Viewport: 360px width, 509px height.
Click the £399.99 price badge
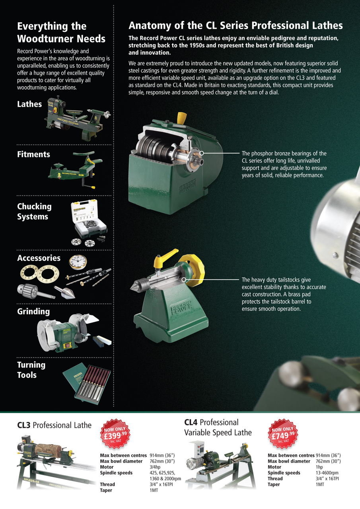coord(115,433)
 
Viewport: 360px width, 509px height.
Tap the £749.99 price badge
coord(283,433)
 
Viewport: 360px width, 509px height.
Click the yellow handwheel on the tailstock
coord(193,271)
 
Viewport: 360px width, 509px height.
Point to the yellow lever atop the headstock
coord(181,118)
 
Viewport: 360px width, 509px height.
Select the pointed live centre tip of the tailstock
coord(130,288)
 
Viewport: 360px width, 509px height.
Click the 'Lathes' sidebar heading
coord(29,104)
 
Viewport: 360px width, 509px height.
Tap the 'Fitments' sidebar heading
coord(34,154)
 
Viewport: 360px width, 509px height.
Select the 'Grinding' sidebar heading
coord(33,311)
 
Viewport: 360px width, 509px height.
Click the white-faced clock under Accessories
coord(78,262)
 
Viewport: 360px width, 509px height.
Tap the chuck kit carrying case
coord(89,218)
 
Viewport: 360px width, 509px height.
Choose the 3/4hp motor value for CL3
coord(155,467)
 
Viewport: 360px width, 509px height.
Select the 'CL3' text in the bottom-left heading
coord(23,425)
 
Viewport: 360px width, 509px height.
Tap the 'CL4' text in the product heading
coord(191,422)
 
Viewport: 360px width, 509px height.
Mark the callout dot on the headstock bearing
coord(201,153)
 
